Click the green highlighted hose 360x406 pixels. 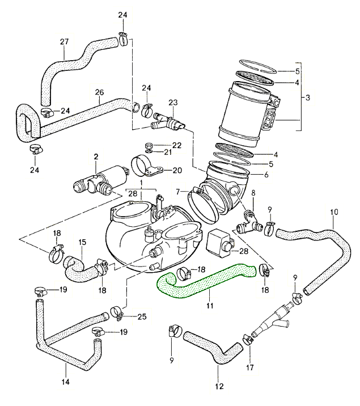pyautogui.click(x=204, y=282)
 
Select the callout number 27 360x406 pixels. pyautogui.click(x=64, y=41)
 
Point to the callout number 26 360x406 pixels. pyautogui.click(x=99, y=92)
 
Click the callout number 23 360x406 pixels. pyautogui.click(x=173, y=102)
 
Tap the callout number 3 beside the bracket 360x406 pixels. pyautogui.click(x=308, y=98)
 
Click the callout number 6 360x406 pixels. pyautogui.click(x=266, y=175)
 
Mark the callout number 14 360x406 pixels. pyautogui.click(x=65, y=382)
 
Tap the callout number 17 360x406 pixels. pyautogui.click(x=250, y=367)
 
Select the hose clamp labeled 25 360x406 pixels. pyautogui.click(x=117, y=311)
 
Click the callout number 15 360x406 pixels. pyautogui.click(x=82, y=242)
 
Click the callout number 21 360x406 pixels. pyautogui.click(x=168, y=152)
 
